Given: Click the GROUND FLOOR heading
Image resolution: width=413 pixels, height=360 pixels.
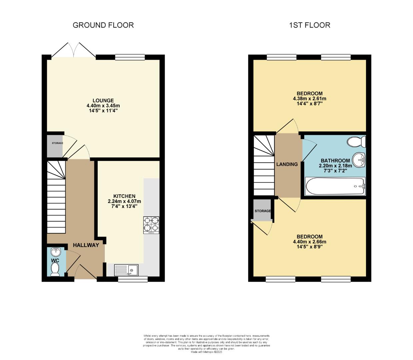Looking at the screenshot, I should click(103, 25).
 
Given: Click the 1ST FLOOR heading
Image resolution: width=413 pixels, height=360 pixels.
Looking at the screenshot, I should click(309, 25).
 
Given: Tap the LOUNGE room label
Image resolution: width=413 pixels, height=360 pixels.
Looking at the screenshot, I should click(103, 100).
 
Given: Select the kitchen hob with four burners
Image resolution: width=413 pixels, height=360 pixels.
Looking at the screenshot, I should click(151, 224).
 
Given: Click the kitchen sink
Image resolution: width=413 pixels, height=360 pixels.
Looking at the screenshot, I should click(126, 270).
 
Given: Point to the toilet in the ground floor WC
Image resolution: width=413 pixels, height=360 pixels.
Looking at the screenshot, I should click(55, 269).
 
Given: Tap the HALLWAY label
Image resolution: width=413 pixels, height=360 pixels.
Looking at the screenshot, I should click(86, 245).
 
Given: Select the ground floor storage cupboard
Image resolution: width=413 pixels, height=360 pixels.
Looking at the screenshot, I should click(55, 146).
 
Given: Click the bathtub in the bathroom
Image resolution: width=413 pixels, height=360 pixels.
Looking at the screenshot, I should click(335, 186).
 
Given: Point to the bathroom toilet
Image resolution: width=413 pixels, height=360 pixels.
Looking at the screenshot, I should click(356, 142).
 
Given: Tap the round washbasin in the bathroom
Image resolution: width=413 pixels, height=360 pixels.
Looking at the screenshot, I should click(359, 160).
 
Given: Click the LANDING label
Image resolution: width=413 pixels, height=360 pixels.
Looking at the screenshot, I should click(287, 164).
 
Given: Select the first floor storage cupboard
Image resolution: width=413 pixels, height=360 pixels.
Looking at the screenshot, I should click(262, 211).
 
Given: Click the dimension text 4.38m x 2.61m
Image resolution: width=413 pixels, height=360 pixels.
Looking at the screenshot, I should click(309, 99).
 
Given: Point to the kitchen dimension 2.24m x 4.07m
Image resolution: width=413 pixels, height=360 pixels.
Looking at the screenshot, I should click(124, 201).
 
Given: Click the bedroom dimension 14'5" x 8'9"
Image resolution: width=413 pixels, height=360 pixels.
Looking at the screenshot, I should click(309, 247).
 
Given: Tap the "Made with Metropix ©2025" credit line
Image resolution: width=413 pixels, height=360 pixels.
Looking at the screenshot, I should click(206, 352).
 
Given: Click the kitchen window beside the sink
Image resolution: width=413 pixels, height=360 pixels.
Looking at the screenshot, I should click(133, 279).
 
